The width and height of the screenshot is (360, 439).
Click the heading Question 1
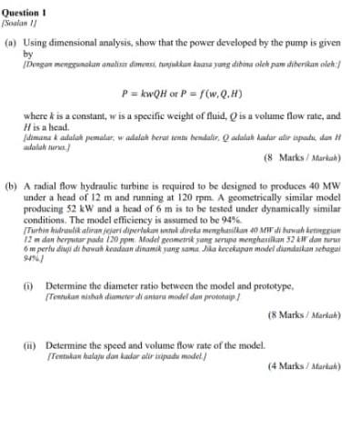click(x=26, y=5)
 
